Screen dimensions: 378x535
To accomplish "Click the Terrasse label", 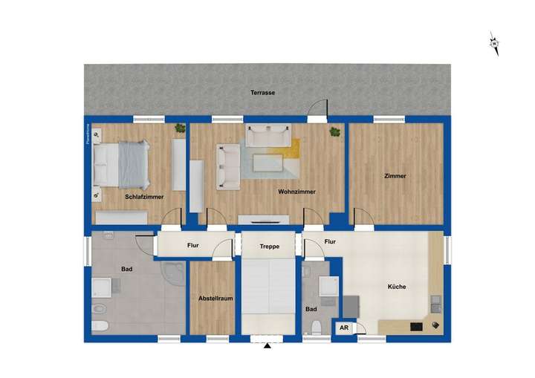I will (x=262, y=93).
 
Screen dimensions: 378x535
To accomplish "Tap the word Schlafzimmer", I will (x=144, y=197).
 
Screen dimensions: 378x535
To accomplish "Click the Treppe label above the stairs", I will (x=268, y=247).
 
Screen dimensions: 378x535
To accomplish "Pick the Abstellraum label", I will (x=211, y=299).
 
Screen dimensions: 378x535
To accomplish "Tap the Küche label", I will (x=397, y=287).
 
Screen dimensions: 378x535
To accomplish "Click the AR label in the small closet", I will (x=344, y=327).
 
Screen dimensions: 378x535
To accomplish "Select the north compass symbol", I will (x=493, y=43).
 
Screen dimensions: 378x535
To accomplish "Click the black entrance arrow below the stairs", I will (x=267, y=345).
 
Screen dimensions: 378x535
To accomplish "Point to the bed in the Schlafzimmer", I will (x=123, y=165).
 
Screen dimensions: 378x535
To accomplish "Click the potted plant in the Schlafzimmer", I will (x=180, y=129).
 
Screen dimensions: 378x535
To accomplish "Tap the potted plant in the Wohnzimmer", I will (x=335, y=131).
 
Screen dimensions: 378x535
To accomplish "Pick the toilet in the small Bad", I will (x=317, y=328).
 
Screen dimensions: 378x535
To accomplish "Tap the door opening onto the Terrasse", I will (x=318, y=111).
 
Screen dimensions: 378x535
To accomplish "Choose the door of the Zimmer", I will (x=363, y=217).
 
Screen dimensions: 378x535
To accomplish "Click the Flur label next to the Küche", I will (x=330, y=241).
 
